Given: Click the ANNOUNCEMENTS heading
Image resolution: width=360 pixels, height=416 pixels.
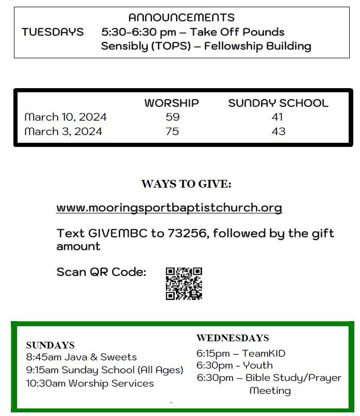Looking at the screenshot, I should pos(181,18).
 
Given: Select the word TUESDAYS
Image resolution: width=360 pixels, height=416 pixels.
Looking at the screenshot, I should pos(53,32).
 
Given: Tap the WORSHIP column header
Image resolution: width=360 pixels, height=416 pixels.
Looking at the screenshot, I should pos(171,103).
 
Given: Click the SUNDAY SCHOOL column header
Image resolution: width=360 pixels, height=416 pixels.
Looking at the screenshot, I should pos(278,103).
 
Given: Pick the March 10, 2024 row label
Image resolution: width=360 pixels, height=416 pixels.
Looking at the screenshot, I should pos(66,117).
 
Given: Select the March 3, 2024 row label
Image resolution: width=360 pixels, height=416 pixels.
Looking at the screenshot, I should pos(63,131).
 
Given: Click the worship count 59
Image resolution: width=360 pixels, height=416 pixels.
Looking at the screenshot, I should pos(172,117).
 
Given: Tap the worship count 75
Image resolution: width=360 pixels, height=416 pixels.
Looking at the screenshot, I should pos(172,131).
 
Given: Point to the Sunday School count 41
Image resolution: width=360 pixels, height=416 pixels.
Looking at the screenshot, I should pos(277,117).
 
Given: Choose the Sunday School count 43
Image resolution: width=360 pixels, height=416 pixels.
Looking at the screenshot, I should pos(278,131).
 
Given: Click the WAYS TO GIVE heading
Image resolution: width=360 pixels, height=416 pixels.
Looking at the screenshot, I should pos(186,184).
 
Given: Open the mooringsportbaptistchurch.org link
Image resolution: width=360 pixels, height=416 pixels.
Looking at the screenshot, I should pos(169,208).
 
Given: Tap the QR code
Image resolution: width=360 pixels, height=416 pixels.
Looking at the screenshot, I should pos(184,284).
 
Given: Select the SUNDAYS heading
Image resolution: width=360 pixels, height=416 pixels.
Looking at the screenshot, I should pos(50,345).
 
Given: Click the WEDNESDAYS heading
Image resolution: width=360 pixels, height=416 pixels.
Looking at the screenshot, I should pos(233,338).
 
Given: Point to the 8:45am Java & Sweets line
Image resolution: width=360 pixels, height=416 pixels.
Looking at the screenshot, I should pos(81,357).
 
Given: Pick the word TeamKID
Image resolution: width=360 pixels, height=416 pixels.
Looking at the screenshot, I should pos(264,354).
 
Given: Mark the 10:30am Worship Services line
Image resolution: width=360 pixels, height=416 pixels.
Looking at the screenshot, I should pos(90,384).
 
